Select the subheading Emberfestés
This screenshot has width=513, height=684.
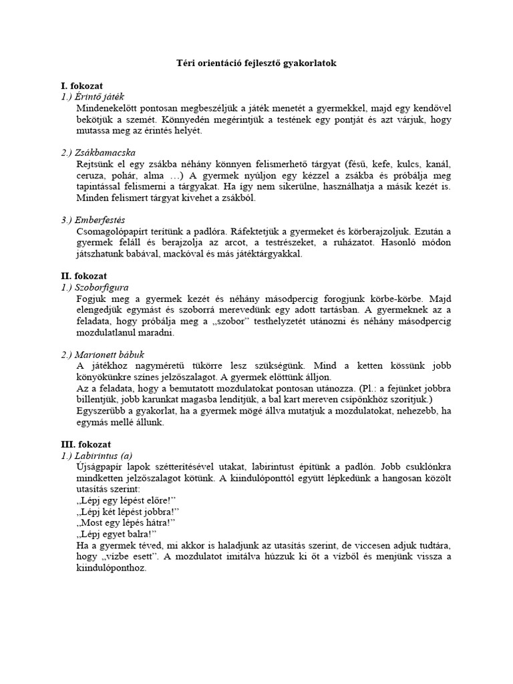pyautogui.click(x=93, y=220)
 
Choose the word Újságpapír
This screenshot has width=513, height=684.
pyautogui.click(x=101, y=466)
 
